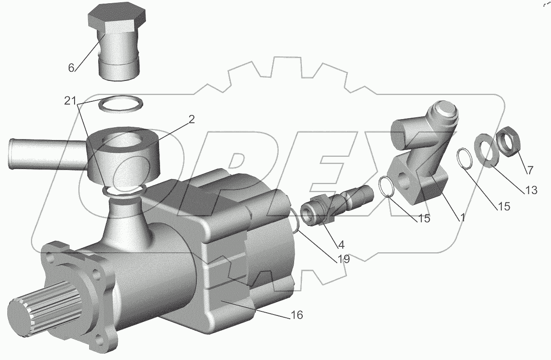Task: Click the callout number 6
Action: (x=71, y=68)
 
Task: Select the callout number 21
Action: (x=70, y=101)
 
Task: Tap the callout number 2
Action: (x=191, y=119)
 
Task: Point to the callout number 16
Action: (x=297, y=315)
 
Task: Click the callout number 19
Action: (x=343, y=259)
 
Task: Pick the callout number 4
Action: (x=341, y=245)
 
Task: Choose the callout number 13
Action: (x=531, y=190)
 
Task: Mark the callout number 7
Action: (x=530, y=170)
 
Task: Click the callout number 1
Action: (x=462, y=217)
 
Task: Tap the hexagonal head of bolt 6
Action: (x=116, y=21)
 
